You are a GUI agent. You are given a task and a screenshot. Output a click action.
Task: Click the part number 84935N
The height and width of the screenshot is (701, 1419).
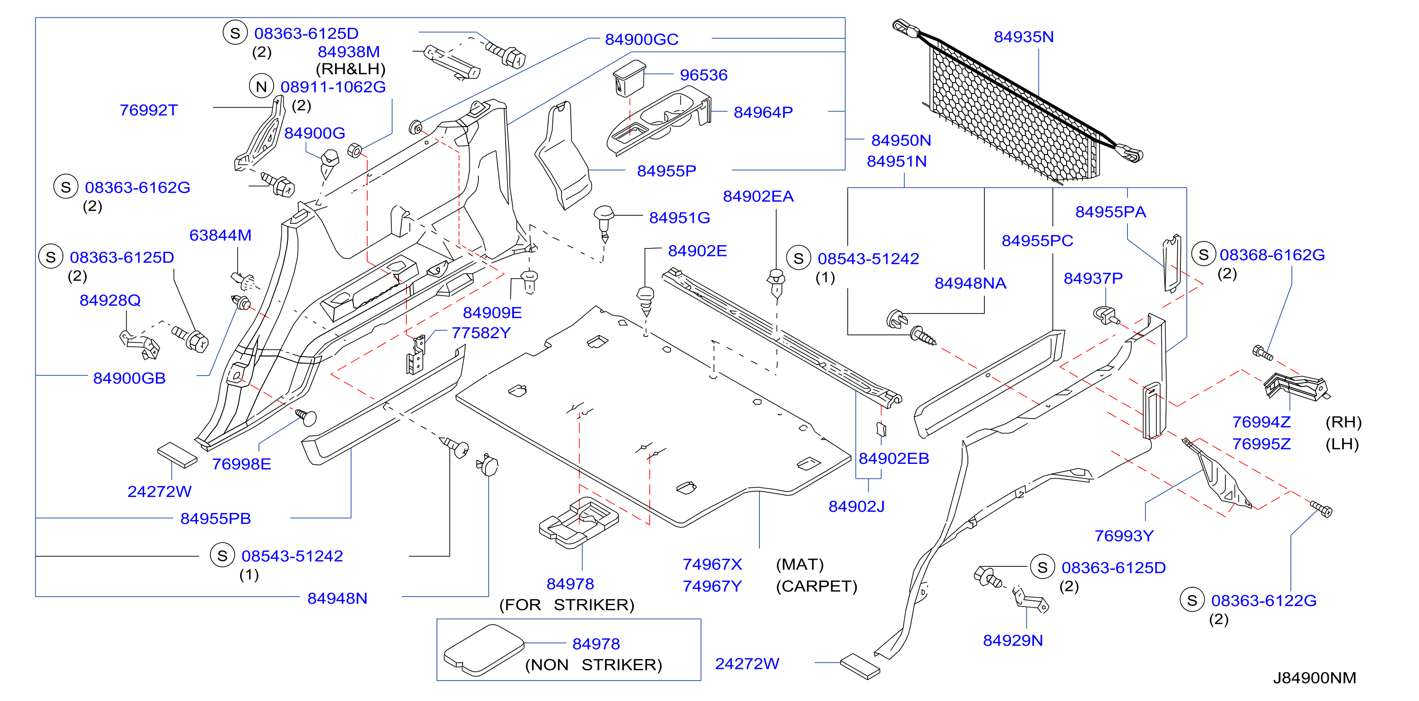(x=1023, y=37)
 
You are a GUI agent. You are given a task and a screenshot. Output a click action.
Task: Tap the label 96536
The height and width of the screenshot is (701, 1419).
(x=704, y=75)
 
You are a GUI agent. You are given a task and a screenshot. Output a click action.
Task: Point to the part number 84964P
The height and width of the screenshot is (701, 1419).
(x=763, y=112)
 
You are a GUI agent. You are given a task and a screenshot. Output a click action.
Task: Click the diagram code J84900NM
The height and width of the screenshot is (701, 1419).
(x=1315, y=678)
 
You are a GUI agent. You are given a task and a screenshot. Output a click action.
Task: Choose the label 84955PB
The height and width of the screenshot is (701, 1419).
(x=215, y=519)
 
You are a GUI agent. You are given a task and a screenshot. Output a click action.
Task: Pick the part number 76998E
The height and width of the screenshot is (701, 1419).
(x=241, y=464)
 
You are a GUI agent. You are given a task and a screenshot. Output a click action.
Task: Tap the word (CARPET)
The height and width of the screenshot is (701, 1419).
(x=817, y=587)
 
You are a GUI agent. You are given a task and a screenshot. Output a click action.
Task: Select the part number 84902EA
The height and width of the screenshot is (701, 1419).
(x=758, y=197)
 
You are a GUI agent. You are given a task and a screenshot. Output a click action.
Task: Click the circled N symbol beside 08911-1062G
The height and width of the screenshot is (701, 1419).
(x=261, y=86)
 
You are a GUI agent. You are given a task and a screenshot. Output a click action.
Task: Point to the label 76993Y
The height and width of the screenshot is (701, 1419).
(x=1124, y=536)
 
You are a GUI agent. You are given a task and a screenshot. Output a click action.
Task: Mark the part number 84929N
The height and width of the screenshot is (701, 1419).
(x=1013, y=641)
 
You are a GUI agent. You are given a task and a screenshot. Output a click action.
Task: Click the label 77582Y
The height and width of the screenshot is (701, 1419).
(x=481, y=333)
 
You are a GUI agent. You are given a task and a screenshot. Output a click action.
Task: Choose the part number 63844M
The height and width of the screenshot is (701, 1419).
(x=220, y=236)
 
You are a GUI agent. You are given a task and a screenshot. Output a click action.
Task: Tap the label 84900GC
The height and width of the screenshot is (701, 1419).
(x=641, y=40)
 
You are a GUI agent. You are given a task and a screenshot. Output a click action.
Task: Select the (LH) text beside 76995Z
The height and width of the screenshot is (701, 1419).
(x=1342, y=445)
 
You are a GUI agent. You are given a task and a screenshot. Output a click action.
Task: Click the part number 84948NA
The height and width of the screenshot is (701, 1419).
(x=970, y=283)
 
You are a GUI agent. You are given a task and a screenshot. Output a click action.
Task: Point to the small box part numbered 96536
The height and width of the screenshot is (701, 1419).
(x=629, y=79)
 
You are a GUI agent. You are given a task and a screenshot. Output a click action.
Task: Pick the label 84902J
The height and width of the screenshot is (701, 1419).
(x=856, y=506)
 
